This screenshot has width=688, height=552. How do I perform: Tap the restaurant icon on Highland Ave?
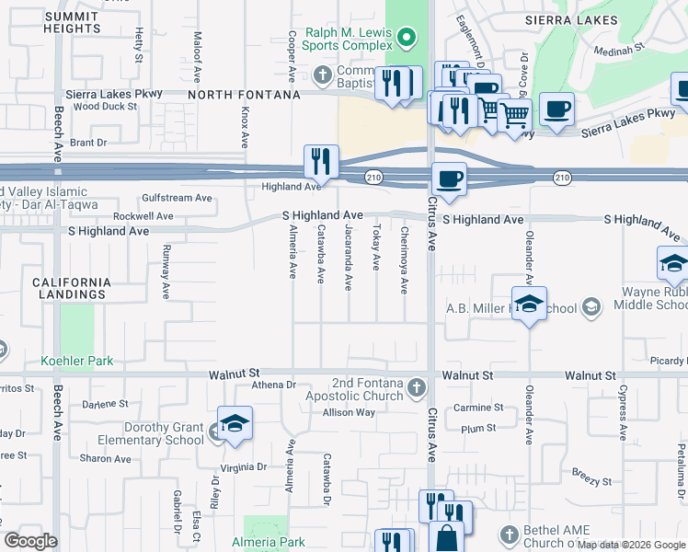pyautogui.click(x=321, y=162)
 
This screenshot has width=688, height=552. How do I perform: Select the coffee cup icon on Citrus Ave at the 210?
pyautogui.click(x=448, y=178)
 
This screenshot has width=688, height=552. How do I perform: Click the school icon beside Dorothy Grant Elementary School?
pyautogui.click(x=235, y=424)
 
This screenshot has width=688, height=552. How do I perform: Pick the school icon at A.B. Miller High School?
pyautogui.click(x=529, y=304)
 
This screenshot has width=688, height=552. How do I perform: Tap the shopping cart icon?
pyautogui.click(x=514, y=114)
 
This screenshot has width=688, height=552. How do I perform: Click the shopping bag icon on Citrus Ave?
pyautogui.click(x=448, y=537)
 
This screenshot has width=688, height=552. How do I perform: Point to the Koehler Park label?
pyautogui.click(x=77, y=361)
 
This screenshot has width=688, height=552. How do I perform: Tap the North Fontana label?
pyautogui.click(x=244, y=95)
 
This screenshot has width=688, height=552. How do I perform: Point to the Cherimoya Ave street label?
pyautogui.click(x=404, y=260)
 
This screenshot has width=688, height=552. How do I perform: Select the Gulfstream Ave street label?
pyautogui.click(x=177, y=198)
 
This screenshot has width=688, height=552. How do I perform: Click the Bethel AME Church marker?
pyautogui.click(x=511, y=535)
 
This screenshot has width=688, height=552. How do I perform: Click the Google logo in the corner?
pyautogui.click(x=31, y=541)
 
